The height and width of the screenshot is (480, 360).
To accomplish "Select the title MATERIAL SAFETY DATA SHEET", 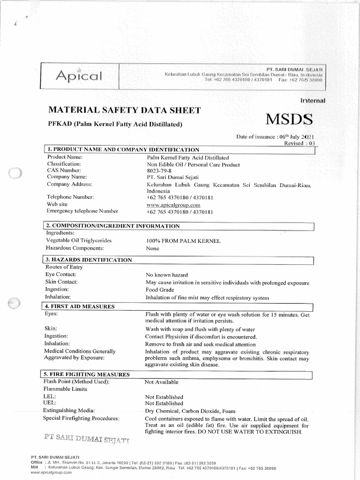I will pyautogui.click(x=124, y=111).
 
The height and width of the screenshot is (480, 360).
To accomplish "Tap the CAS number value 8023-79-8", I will pyautogui.click(x=160, y=171).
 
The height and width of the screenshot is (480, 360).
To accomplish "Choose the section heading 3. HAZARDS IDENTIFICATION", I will pyautogui.click(x=89, y=260).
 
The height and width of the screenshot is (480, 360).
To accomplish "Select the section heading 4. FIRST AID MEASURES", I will pyautogui.click(x=80, y=307).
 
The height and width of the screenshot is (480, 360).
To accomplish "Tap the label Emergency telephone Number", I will pyautogui.click(x=82, y=211).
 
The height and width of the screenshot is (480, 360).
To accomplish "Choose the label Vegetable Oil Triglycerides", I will pyautogui.click(x=78, y=240).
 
